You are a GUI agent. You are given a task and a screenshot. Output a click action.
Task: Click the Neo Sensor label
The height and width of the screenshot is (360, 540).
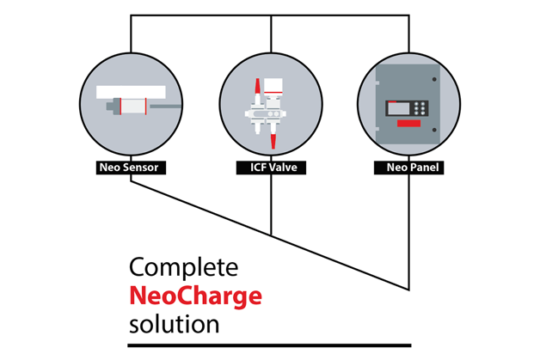coord(131,168)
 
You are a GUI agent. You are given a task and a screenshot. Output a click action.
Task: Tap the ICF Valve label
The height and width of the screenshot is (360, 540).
coord(270,168)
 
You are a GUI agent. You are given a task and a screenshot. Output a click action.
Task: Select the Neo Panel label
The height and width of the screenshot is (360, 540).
coord(408,168)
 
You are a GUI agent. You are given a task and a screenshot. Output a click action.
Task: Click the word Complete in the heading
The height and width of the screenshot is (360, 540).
coord(183,267)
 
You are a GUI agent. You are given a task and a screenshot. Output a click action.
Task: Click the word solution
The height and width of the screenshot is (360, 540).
coord(174,325)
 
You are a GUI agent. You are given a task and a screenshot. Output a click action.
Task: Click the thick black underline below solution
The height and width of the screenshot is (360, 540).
coord(269,345)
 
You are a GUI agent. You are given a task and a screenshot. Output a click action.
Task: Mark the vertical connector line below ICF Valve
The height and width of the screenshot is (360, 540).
coord(271,206)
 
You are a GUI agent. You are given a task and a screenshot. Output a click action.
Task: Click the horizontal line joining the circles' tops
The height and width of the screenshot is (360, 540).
coord(270,15)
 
